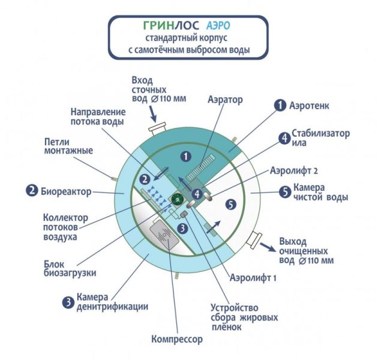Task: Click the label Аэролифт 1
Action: pyautogui.click(x=252, y=278)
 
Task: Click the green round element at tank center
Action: pyautogui.click(x=178, y=197)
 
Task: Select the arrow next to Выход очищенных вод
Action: pyautogui.click(x=267, y=245)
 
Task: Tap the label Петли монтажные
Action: pyautogui.click(x=68, y=146)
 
